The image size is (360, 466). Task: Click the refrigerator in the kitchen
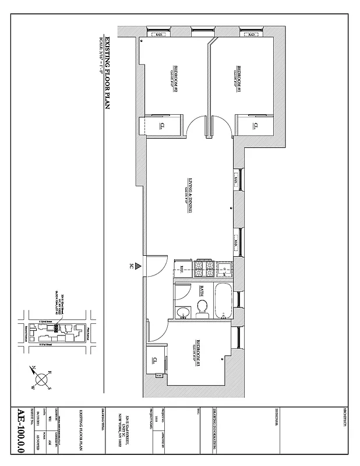tap(182, 269)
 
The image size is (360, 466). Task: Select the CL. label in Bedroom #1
tap(255, 125)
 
